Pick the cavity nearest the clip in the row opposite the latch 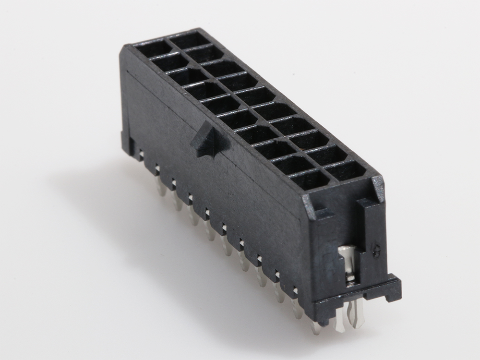346,169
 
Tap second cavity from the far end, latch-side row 169,61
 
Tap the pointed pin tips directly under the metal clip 352,319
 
